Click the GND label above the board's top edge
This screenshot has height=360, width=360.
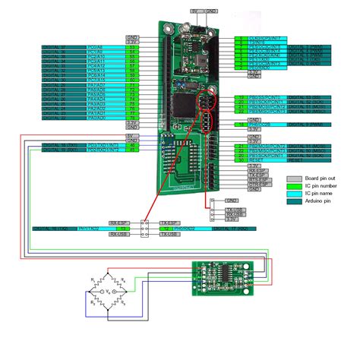coord(211,12)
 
